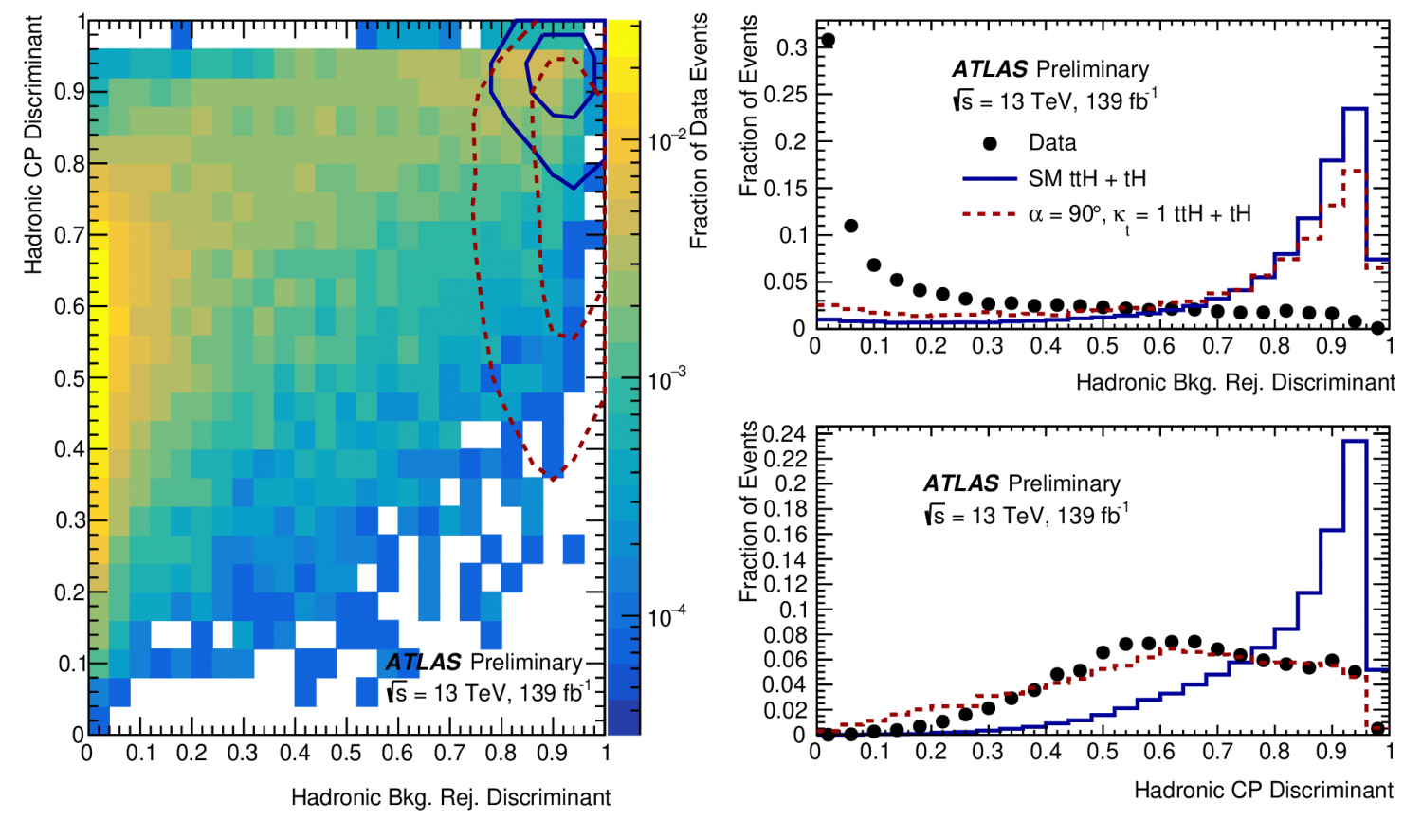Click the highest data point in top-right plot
pyautogui.click(x=828, y=40)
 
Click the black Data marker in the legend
pyautogui.click(x=990, y=143)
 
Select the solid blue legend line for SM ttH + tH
pyautogui.click(x=989, y=178)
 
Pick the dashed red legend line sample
pyautogui.click(x=989, y=214)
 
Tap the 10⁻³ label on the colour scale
pyautogui.click(x=666, y=380)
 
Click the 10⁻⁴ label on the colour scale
pyautogui.click(x=666, y=618)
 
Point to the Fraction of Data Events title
pyautogui.click(x=700, y=131)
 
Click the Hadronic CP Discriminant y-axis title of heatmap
pyautogui.click(x=34, y=144)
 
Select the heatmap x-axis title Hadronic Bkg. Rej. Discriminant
pyautogui.click(x=450, y=797)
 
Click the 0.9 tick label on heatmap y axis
pyautogui.click(x=67, y=92)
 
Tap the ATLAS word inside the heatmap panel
pyautogui.click(x=423, y=662)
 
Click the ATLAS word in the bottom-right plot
pyautogui.click(x=960, y=483)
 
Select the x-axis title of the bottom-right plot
pyautogui.click(x=1263, y=790)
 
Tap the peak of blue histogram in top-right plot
pyautogui.click(x=1355, y=110)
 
